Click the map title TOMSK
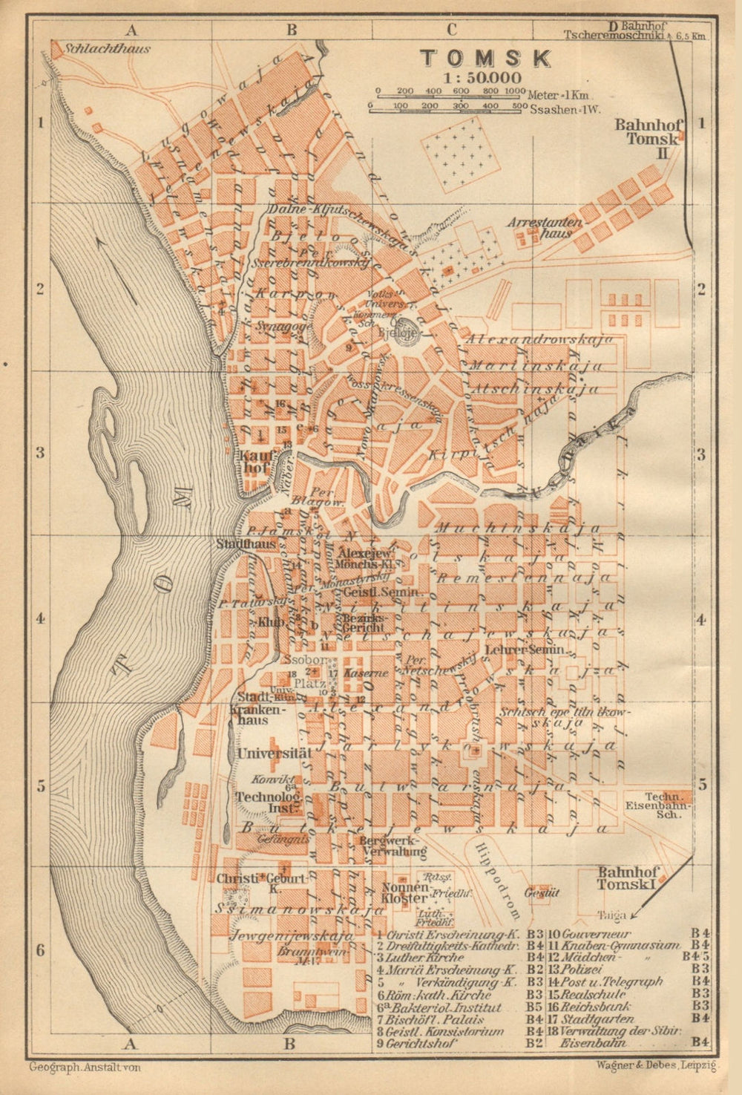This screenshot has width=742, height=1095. pos(486,58)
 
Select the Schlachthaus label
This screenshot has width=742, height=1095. pos(108,49)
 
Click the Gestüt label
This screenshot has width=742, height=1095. pos(541,892)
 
